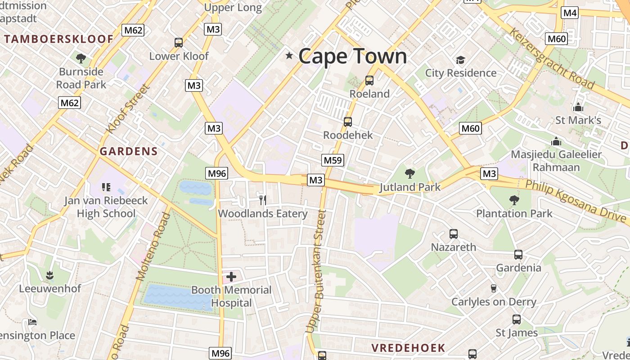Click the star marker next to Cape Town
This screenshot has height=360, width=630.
click(x=289, y=56)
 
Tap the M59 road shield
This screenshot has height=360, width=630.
click(x=333, y=160)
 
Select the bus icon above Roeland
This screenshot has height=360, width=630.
click(x=369, y=81)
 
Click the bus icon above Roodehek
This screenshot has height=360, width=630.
click(x=347, y=122)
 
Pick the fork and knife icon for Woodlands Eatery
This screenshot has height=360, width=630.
click(x=263, y=200)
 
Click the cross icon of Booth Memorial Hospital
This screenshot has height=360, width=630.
click(x=231, y=276)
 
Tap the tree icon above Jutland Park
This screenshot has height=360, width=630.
click(x=409, y=173)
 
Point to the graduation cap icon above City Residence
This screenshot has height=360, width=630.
click(x=460, y=60)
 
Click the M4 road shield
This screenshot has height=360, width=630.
click(x=570, y=13)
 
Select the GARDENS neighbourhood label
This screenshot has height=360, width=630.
click(x=129, y=151)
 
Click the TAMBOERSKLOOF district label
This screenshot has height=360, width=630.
click(x=58, y=39)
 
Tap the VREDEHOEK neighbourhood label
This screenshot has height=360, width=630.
click(x=408, y=348)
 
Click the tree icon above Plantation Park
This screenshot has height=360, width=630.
click(x=514, y=200)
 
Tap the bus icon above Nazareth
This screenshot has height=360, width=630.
click(x=454, y=234)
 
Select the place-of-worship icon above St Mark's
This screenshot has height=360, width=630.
click(x=578, y=107)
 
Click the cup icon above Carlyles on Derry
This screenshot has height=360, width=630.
click(x=493, y=288)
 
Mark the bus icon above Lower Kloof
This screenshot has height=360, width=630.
click(x=179, y=43)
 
